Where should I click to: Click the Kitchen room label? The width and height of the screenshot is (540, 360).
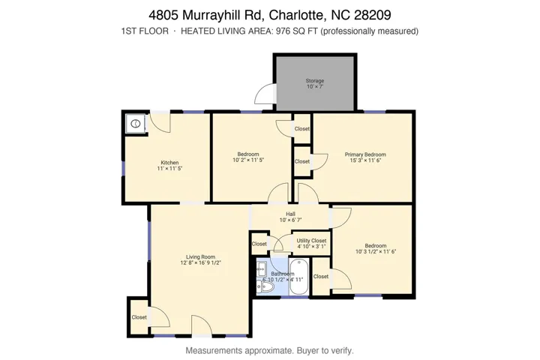coord(169,163)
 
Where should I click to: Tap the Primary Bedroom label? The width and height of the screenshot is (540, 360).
coord(365,154)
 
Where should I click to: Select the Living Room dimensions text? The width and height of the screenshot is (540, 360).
coord(200,262)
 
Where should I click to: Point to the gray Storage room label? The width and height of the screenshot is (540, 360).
coord(315,80)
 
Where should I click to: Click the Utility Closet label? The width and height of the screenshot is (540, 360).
coord(312,241)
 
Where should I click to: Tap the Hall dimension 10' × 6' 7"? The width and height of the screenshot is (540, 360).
coord(291,220)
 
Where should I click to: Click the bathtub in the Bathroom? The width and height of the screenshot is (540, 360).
coord(298,277)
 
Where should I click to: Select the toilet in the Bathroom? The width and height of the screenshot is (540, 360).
coord(265,287)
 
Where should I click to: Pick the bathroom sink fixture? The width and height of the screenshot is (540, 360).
coord(262,267)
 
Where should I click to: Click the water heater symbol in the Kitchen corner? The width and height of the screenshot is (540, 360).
coord(136,123)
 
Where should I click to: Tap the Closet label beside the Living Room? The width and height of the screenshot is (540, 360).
coord(139,317)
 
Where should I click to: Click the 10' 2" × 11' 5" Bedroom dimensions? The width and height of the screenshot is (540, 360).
coord(248,160)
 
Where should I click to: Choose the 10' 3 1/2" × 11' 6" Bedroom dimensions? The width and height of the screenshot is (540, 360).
coord(376,251)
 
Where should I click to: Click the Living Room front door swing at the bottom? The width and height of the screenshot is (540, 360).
coord(202,325)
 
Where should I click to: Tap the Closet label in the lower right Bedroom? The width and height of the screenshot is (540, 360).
coord(321,276)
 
